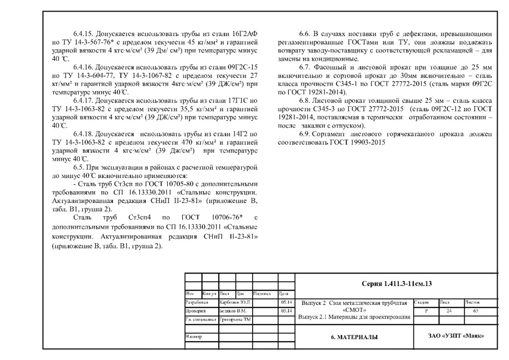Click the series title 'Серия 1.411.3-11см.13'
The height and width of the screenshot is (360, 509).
[396, 283]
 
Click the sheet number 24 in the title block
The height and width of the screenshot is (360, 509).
[449, 311]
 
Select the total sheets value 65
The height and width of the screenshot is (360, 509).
[476, 311]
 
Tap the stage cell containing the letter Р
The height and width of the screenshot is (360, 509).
[425, 311]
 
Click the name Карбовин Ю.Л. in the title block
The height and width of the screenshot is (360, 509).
[236, 302]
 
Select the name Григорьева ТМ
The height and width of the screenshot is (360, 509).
[235, 319]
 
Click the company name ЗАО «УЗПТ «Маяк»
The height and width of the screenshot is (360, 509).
[456, 337]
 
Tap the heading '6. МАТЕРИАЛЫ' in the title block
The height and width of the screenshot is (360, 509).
[354, 337]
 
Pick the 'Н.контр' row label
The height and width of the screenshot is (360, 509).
[194, 337]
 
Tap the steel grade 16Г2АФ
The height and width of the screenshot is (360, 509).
[246, 34]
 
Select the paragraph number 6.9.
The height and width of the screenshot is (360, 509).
[305, 134]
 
